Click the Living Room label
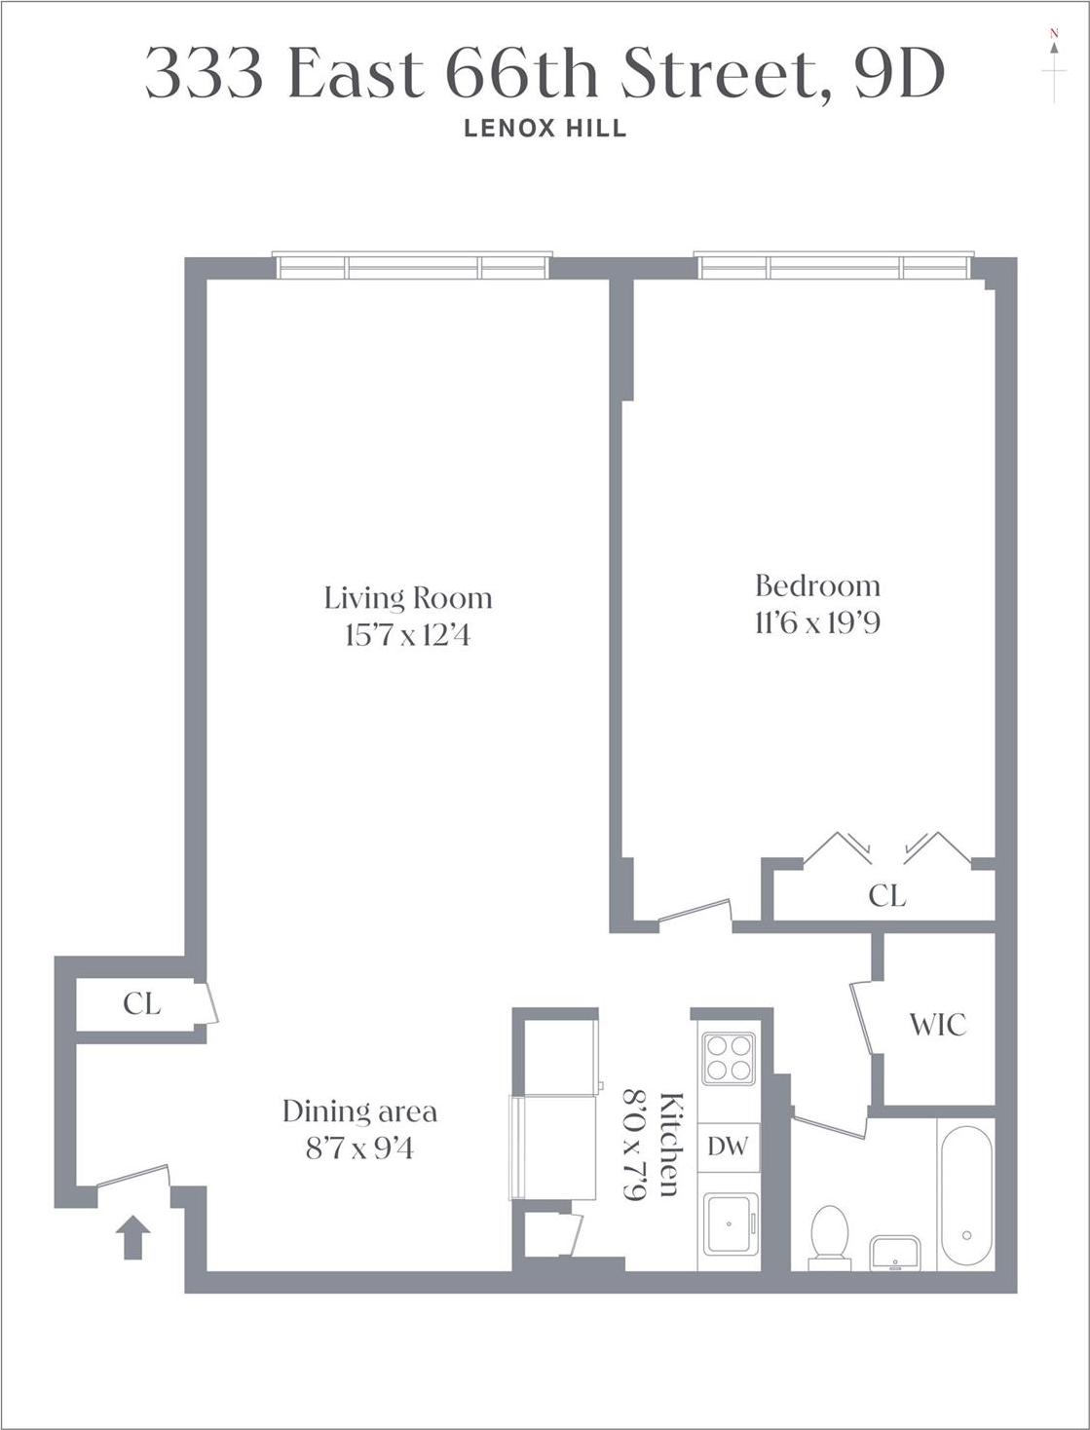coord(407,597)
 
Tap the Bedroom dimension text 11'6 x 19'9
coord(817,622)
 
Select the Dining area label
coord(359,1110)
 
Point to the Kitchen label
coord(671,1146)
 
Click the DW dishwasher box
coord(728,1147)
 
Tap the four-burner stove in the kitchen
coord(729,1056)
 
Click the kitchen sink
coord(729,1223)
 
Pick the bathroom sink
coord(894,1252)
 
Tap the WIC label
coord(937,1025)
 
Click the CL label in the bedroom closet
coord(886,895)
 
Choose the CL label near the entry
coord(142,1003)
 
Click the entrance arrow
coord(133,1237)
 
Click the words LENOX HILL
coord(545,129)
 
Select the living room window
coord(412,267)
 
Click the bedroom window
coord(834,267)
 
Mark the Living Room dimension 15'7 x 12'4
coord(407,636)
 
